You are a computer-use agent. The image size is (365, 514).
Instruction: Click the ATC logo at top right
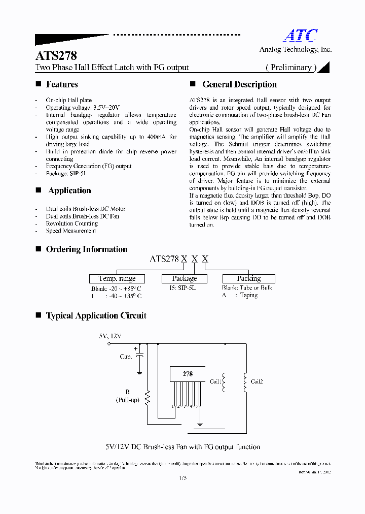click(x=300, y=35)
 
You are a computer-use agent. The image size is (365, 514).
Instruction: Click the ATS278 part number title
click(x=56, y=55)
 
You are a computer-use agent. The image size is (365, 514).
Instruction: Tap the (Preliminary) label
click(x=291, y=68)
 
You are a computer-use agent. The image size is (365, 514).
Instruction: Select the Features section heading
click(x=62, y=85)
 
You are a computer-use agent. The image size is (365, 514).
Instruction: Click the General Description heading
click(x=239, y=85)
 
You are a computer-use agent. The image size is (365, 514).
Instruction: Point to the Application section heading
click(x=69, y=191)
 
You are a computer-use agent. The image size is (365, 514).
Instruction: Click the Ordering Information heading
click(x=86, y=249)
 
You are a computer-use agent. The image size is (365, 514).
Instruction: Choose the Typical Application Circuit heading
click(x=96, y=316)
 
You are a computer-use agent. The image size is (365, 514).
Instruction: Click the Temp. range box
click(x=117, y=279)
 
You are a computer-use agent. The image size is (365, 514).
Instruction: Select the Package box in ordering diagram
click(x=185, y=279)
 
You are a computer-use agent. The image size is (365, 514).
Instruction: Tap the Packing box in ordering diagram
click(x=248, y=279)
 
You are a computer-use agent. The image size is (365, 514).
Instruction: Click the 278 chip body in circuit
click(x=188, y=374)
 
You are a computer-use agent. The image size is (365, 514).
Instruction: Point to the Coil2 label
click(x=257, y=381)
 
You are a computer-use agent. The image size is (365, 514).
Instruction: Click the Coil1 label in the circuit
click(x=215, y=381)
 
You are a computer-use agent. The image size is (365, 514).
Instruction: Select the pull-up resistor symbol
click(x=148, y=397)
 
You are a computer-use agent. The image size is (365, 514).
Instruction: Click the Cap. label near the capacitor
click(x=126, y=357)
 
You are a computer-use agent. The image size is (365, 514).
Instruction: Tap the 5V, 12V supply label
click(x=110, y=336)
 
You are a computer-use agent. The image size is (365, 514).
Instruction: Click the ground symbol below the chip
click(x=200, y=424)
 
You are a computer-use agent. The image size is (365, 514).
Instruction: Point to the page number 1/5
click(x=182, y=478)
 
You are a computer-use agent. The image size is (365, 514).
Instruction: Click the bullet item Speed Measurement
click(x=70, y=231)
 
